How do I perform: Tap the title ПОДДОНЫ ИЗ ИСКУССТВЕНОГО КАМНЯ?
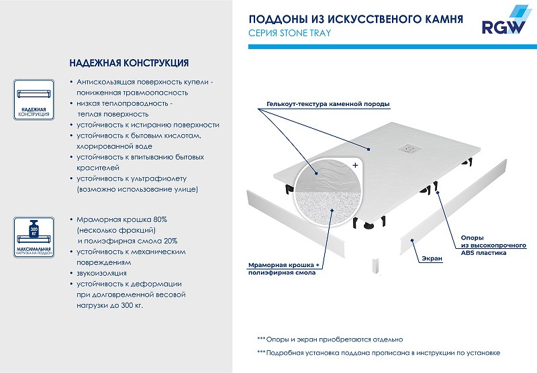point(355,18)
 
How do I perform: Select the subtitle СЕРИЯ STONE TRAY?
point(289,32)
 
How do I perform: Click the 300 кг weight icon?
point(33,226)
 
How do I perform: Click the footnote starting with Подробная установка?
point(378,352)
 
